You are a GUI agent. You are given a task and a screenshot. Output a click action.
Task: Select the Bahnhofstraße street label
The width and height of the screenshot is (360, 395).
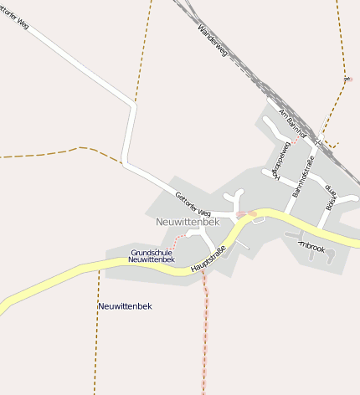click(x=302, y=177)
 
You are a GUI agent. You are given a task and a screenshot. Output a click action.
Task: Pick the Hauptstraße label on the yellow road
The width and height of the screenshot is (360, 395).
click(x=209, y=258)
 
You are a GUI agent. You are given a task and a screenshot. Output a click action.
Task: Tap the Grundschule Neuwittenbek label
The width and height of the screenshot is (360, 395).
click(x=152, y=256)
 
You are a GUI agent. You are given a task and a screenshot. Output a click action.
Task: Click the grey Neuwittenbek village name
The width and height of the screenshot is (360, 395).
click(x=188, y=222)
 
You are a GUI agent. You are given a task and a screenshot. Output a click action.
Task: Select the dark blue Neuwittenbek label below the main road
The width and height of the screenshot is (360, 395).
click(x=125, y=306)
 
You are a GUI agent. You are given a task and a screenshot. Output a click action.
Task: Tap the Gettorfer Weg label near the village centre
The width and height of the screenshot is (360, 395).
click(x=193, y=203)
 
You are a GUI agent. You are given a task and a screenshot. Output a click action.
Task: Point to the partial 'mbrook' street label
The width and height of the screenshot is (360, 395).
click(x=312, y=248)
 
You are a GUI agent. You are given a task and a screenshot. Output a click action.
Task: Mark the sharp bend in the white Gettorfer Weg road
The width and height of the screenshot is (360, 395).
click(x=133, y=105)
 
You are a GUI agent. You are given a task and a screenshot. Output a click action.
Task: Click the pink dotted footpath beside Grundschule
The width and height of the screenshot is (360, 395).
click(x=175, y=242)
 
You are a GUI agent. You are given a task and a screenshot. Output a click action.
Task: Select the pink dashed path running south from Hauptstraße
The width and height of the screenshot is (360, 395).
click(x=203, y=335)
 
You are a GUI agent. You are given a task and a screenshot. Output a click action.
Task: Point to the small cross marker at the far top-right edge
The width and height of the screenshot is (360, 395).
click(x=347, y=80)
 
